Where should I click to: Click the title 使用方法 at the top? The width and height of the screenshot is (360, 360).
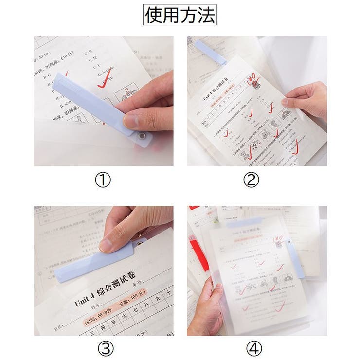click(x=180, y=16)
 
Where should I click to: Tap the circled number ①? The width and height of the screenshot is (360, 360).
click(x=103, y=180)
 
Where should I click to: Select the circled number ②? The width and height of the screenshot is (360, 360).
click(x=252, y=180)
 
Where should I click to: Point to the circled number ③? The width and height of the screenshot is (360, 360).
click(x=103, y=348)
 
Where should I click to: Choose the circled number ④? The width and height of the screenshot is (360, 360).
click(x=252, y=348)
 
